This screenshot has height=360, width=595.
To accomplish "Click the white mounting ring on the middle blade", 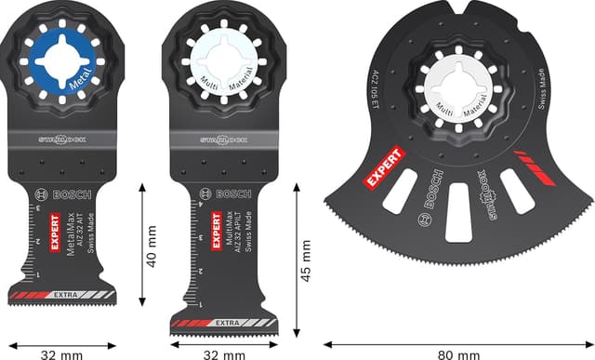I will (224, 63).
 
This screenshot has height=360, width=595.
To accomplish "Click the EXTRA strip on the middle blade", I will (223, 322).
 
